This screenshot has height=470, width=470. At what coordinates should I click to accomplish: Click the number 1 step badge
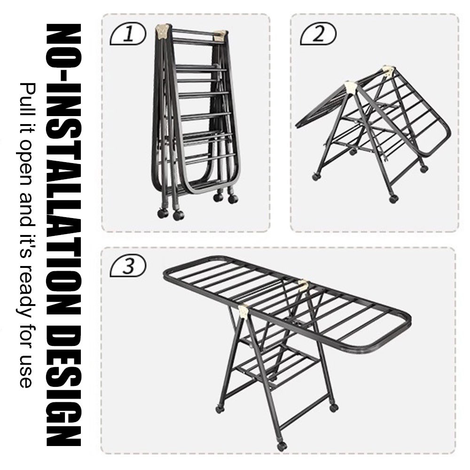pyautogui.click(x=128, y=33)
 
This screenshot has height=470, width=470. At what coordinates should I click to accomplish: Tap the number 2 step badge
pyautogui.click(x=318, y=33)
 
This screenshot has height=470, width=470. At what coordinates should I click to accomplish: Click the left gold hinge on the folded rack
pyautogui.click(x=162, y=31)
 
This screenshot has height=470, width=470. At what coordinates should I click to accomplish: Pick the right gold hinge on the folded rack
pyautogui.click(x=221, y=35)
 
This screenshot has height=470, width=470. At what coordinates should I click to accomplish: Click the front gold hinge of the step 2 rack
pyautogui.click(x=351, y=87)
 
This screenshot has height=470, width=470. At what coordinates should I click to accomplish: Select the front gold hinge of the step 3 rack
pyautogui.click(x=243, y=311)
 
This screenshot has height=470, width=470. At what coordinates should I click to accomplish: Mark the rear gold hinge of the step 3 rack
pyautogui.click(x=303, y=285)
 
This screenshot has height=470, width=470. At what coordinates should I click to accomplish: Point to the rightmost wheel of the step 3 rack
pyautogui.click(x=334, y=407)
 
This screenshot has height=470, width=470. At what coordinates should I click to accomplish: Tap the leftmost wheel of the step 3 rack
pyautogui.click(x=219, y=409)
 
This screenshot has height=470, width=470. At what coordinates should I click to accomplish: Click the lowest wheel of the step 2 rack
pyautogui.click(x=393, y=199)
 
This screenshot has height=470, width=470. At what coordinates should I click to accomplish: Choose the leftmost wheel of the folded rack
pyautogui.click(x=163, y=213)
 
